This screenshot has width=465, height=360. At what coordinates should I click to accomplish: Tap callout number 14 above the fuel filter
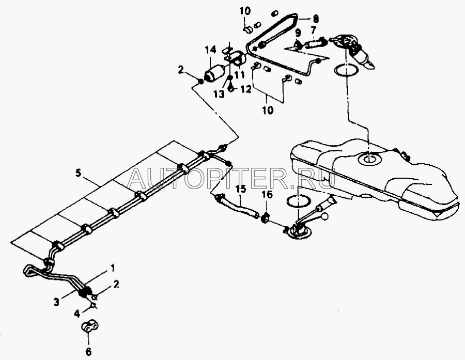210,50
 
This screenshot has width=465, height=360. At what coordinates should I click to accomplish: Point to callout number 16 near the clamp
266,195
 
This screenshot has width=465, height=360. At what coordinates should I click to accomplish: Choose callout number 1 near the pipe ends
112,268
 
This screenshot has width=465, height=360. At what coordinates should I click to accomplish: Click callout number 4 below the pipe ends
78,312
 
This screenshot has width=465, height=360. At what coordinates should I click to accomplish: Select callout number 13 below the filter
220,93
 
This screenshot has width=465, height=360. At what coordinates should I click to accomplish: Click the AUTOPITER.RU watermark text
231,178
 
